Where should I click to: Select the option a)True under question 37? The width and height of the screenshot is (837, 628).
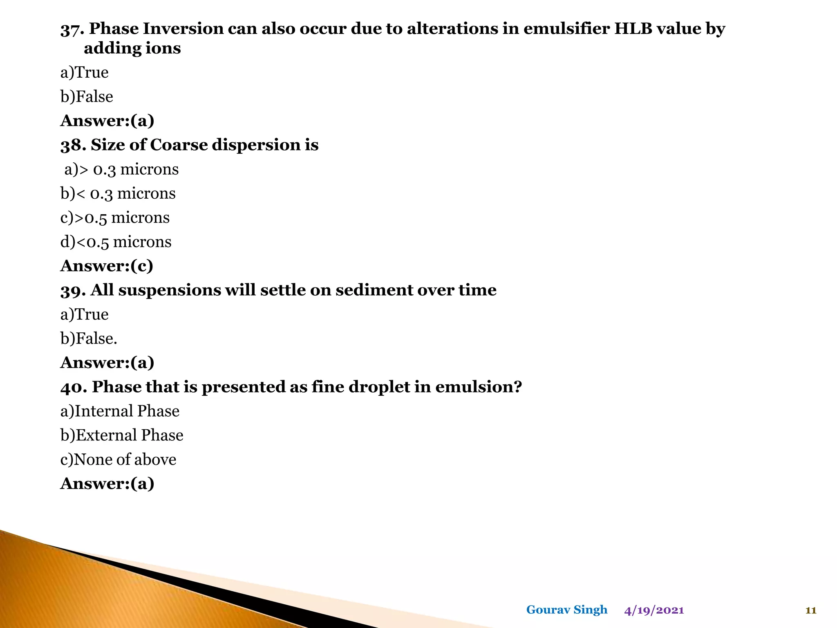pyautogui.click(x=85, y=73)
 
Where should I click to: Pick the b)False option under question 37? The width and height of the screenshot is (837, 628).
pyautogui.click(x=87, y=97)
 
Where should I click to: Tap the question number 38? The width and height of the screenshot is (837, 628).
pyautogui.click(x=73, y=146)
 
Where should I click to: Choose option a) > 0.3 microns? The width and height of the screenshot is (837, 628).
pyautogui.click(x=121, y=170)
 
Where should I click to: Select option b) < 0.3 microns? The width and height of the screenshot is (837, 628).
pyautogui.click(x=118, y=194)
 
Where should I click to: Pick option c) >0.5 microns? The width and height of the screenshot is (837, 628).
pyautogui.click(x=115, y=218)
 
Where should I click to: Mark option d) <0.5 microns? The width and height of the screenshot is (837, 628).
pyautogui.click(x=116, y=242)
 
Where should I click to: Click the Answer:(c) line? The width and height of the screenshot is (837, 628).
pyautogui.click(x=107, y=266)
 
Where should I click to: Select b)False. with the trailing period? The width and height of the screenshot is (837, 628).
pyautogui.click(x=89, y=339)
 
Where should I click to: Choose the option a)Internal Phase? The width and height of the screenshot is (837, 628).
pyautogui.click(x=120, y=411)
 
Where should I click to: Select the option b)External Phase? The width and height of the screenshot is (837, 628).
pyautogui.click(x=122, y=435)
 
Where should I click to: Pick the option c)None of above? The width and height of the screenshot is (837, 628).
pyautogui.click(x=118, y=460)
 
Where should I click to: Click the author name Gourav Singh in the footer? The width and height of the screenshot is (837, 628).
pyautogui.click(x=566, y=610)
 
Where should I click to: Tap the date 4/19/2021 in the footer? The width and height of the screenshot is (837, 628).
pyautogui.click(x=654, y=610)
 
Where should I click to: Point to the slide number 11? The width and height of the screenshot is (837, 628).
pyautogui.click(x=811, y=610)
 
